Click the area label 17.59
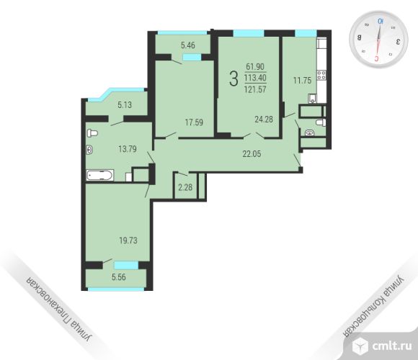[194, 122]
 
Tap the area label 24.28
[264, 120]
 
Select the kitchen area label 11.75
[302, 80]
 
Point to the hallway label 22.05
[252, 153]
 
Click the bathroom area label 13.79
[128, 149]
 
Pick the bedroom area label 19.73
[128, 240]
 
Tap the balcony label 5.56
[119, 277]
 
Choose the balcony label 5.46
[188, 45]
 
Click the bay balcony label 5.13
[125, 104]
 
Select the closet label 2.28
[185, 187]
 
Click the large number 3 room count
[234, 78]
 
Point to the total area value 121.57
[255, 89]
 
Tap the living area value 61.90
[255, 66]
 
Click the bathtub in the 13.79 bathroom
[99, 176]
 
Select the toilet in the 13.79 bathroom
[92, 133]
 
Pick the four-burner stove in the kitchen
[321, 75]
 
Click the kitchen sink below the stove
[312, 98]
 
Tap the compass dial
[378, 40]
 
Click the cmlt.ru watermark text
[391, 346]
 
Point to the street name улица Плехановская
[59, 309]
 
